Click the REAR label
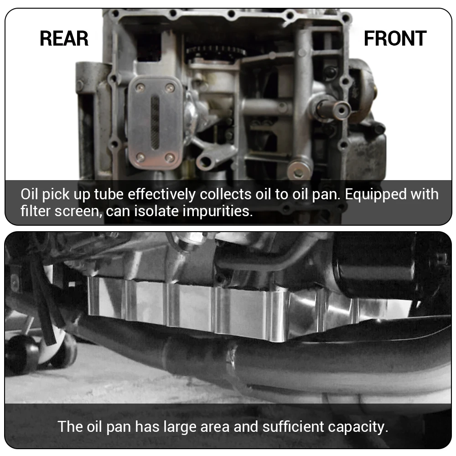(64, 39)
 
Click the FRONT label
(395, 39)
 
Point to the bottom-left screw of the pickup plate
(140, 157)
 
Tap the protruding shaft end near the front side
(340, 109)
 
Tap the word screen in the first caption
(75, 212)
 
